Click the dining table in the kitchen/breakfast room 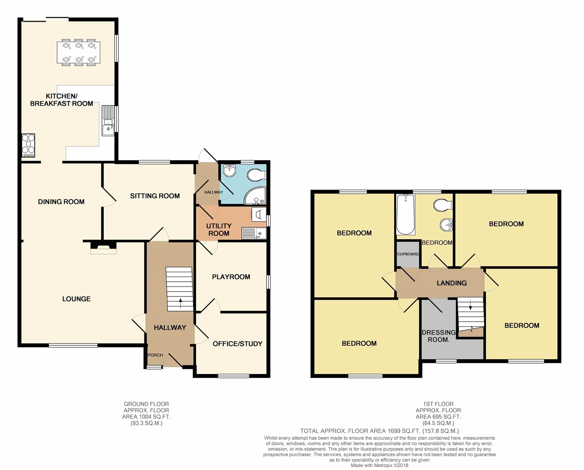coord(78,52)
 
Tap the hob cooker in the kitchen coord(28,145)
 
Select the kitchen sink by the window coord(108,121)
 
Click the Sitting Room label coord(155,196)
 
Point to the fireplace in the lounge coord(103,248)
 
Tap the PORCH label coord(155,355)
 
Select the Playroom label coord(231,277)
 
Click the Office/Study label coord(237,344)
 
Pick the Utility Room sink coord(254,233)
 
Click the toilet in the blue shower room coord(257,175)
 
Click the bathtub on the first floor coord(405,214)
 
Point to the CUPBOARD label coord(408,254)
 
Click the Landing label coord(452,283)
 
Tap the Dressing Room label coord(439,336)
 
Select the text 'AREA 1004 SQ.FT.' coord(146,416)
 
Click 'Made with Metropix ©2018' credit coord(379,465)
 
